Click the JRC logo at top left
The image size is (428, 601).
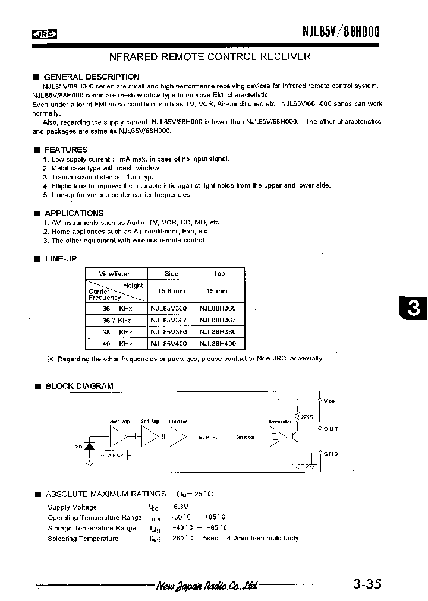tap(44, 34)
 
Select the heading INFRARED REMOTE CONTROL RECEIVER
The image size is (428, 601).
tap(208, 57)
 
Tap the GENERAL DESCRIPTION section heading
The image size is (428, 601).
tap(92, 77)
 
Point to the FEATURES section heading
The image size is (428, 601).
tap(66, 150)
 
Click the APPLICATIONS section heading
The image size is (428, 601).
tap(74, 213)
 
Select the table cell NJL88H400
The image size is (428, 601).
tap(218, 344)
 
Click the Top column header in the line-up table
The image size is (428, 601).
tap(219, 274)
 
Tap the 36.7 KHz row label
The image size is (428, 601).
tap(109, 320)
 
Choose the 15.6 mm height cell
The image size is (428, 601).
tap(171, 291)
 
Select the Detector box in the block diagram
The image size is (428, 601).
tap(245, 437)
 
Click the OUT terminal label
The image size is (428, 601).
tap(331, 429)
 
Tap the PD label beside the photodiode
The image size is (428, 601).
tap(77, 447)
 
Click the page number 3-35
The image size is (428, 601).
tap(367, 584)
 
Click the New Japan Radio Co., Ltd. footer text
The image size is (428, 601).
tap(207, 586)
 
